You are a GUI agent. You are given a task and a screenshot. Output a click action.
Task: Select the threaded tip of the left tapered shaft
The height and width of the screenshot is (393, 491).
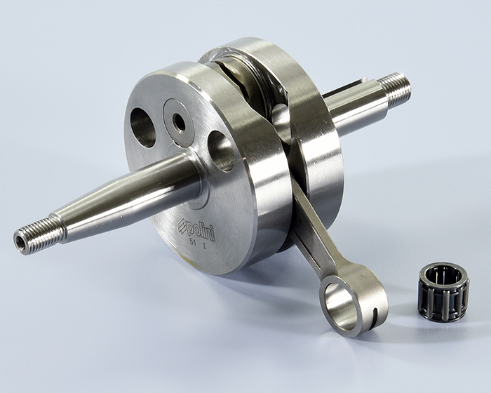click(39, 235)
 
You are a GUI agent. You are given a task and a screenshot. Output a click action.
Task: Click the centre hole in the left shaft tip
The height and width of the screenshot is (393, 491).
click(20, 242)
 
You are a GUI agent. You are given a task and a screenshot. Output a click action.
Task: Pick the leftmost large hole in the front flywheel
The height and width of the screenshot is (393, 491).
click(142, 128)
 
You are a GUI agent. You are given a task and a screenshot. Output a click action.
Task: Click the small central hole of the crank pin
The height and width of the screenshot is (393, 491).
click(179, 124)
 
